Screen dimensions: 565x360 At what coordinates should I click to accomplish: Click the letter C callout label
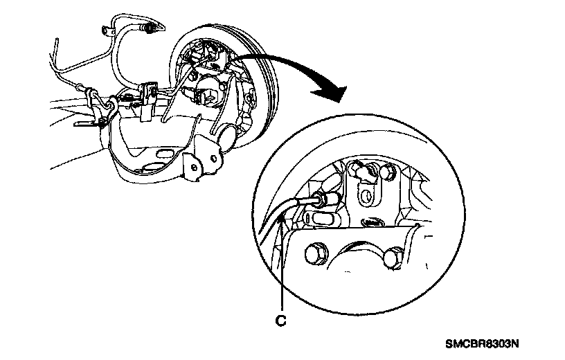click(x=282, y=321)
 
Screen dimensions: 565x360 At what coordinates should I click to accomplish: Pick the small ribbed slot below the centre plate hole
click(x=371, y=222)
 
